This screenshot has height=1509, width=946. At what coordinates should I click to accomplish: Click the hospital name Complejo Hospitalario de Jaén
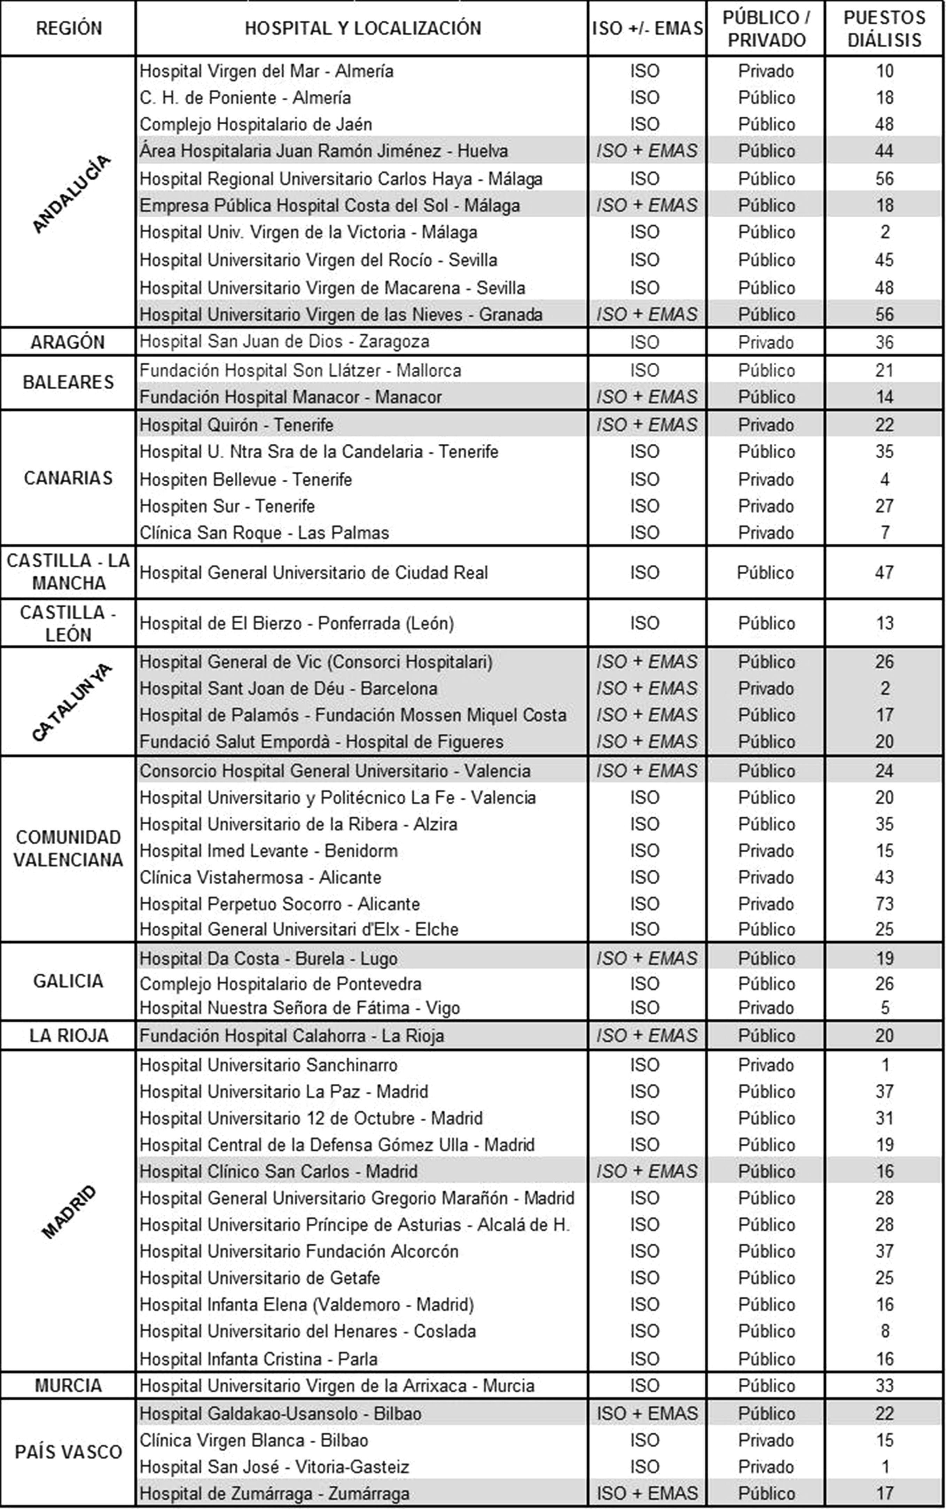[255, 124]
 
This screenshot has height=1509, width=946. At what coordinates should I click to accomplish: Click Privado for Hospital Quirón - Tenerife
[765, 425]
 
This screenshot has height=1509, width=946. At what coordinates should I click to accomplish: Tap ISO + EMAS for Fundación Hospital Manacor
[646, 397]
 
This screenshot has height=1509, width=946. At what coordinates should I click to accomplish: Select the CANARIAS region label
[68, 478]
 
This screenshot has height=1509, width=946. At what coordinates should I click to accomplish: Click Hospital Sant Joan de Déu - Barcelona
[288, 688]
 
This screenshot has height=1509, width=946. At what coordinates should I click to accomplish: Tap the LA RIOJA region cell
[68, 1035]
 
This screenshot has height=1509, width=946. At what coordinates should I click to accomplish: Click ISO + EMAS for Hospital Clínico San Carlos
[646, 1171]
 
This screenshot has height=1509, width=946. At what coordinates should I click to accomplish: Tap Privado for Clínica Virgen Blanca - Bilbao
[765, 1440]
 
